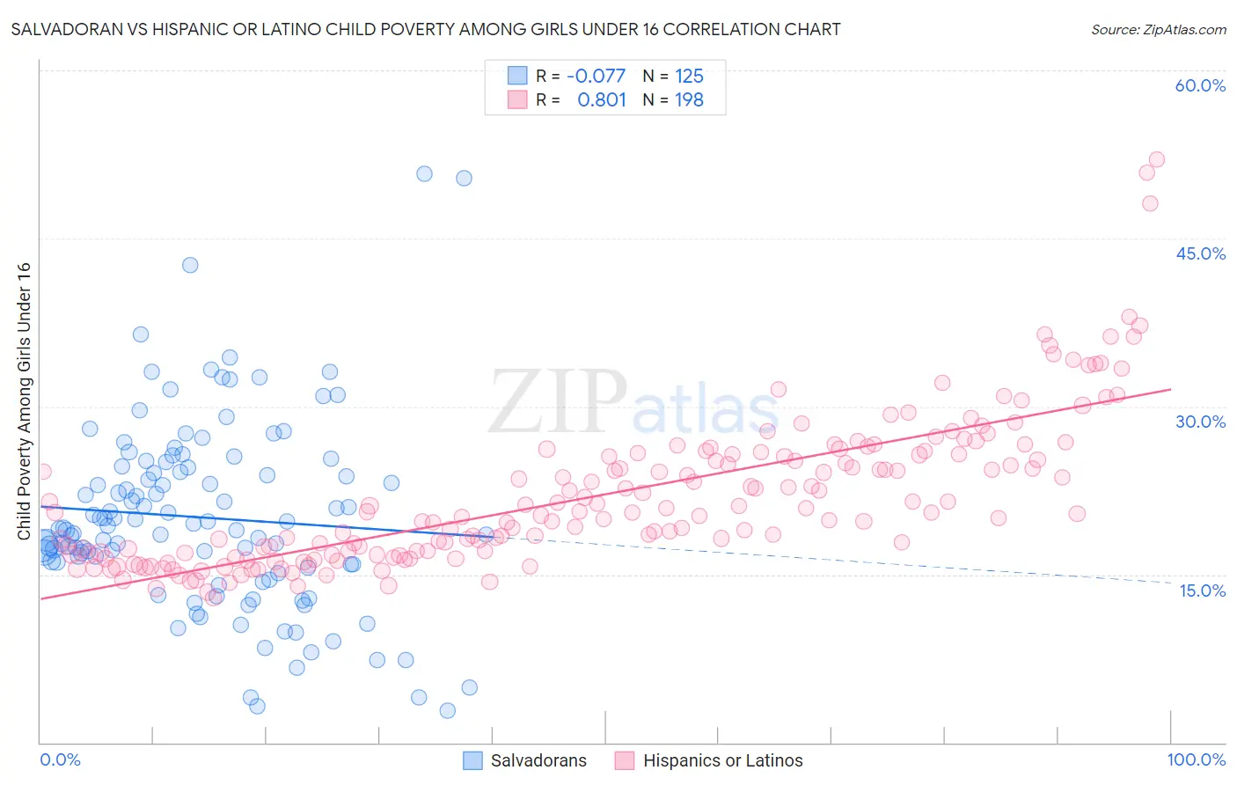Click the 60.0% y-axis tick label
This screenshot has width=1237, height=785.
1200,85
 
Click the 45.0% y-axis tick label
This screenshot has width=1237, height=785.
1200,253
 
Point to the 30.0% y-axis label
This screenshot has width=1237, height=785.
1200,422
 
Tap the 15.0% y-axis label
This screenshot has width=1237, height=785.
1202,591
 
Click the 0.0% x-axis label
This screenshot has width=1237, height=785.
60,759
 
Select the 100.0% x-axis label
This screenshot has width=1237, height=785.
1196,759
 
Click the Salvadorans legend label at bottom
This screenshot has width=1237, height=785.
538,760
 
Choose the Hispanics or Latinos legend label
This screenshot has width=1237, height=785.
722,760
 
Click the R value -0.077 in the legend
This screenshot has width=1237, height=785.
596,76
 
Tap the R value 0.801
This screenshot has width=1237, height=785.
602,100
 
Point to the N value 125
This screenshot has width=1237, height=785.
689,76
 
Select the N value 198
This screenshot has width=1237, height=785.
689,100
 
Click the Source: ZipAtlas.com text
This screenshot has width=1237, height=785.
1158,29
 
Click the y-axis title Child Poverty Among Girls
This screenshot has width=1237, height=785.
24,401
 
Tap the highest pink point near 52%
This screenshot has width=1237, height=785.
1156,159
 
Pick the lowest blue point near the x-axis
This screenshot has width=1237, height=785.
448,710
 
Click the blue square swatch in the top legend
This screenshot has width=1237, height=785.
517,76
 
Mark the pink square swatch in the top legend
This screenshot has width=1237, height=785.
517,100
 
